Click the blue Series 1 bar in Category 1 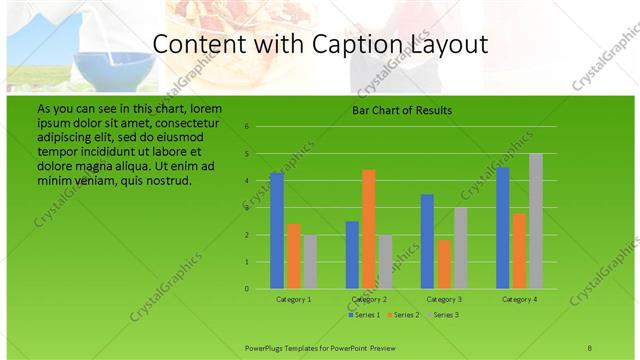tap(277, 231)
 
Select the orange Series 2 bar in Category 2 tap(369, 229)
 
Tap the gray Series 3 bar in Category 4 tap(536, 221)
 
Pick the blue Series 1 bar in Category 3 tap(427, 241)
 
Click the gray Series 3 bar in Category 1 tap(310, 262)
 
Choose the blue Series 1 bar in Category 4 tap(503, 228)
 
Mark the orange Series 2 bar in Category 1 tap(293, 256)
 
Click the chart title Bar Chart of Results tap(402, 110)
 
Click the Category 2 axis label tap(369, 299)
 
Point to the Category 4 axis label tap(519, 299)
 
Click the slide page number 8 tap(590, 346)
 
